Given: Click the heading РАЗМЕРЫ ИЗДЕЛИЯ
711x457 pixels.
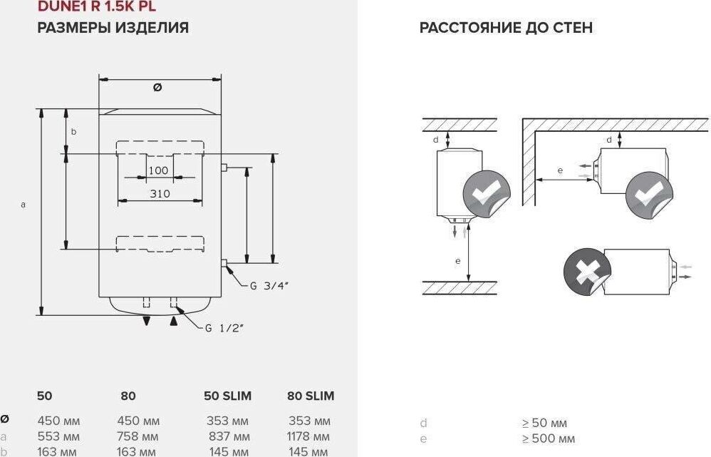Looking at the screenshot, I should pos(113,29).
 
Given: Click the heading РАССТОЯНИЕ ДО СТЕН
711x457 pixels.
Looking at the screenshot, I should pos(506,29).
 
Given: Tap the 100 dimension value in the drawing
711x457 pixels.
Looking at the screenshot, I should pos(158,170).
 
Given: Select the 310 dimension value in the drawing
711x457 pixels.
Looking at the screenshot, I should pos(160,194).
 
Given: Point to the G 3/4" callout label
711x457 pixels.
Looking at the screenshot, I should pos(269,285).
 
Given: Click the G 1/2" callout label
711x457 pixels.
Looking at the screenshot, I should pos(224,328).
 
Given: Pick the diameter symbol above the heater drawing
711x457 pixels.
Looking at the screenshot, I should pos(157,87).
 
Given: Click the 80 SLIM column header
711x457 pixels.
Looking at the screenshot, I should pos(311,396).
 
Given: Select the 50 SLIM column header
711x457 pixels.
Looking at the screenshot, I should pos(228,396).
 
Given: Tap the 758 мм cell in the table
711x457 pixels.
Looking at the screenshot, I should pos(138,436).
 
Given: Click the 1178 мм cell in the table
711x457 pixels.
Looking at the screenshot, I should pos(309,436).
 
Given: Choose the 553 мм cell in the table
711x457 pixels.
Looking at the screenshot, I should pos(58,436).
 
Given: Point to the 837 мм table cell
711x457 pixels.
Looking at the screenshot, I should pos(228,436).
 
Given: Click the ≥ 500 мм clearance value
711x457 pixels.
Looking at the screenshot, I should pos(548,438).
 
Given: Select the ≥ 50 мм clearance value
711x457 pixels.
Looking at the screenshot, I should pos(544,423).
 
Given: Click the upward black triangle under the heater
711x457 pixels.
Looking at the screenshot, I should pos(172,322).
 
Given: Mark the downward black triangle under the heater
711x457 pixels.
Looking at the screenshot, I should pos(146,322).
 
